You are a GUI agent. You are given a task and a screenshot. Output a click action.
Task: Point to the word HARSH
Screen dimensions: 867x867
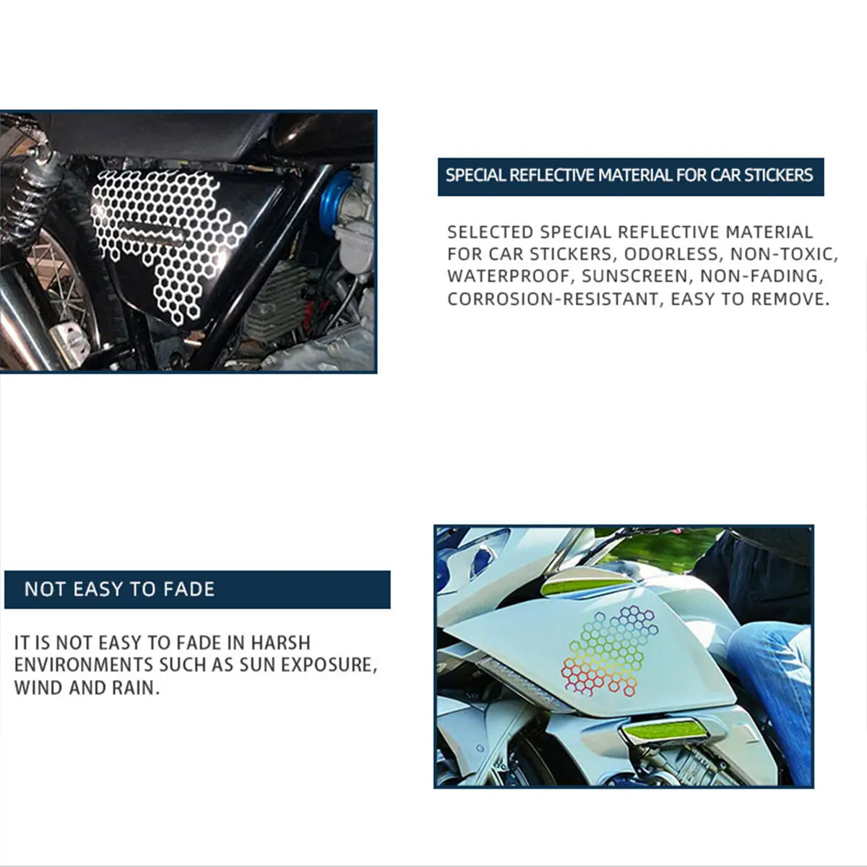tap(280, 643)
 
